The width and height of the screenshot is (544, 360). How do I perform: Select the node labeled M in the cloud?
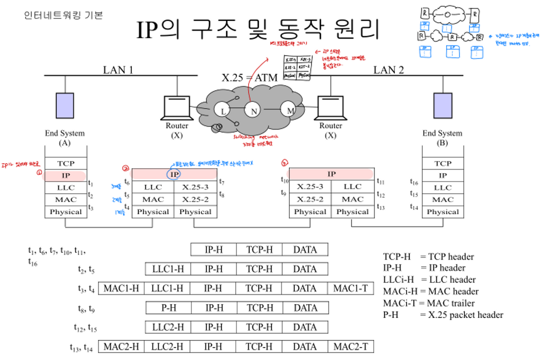point(289,110)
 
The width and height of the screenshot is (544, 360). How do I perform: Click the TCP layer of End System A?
point(66,163)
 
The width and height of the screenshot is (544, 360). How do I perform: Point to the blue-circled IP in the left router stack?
point(174,174)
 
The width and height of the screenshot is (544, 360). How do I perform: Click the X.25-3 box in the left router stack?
point(195,187)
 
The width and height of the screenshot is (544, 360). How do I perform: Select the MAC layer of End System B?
point(443,200)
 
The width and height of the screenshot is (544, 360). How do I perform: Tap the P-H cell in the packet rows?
point(169,308)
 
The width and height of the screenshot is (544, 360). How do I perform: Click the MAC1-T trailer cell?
point(350,288)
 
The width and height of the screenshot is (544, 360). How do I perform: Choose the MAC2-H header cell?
point(121,347)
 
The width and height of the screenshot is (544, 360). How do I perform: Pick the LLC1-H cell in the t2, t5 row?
point(168,269)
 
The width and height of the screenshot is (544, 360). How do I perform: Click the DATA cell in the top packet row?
point(305,250)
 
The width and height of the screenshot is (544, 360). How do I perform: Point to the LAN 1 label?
point(118,70)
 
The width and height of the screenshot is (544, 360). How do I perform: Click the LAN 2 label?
point(388,70)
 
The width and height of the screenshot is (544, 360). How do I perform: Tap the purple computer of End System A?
point(65,106)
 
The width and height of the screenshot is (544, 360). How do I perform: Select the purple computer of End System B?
point(443,106)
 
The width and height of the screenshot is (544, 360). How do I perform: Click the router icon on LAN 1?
point(177,107)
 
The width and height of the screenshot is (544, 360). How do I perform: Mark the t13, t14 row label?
point(81,347)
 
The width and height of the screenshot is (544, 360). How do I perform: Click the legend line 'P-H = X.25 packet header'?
point(443,315)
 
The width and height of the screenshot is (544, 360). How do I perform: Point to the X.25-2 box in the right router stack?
point(310,199)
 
